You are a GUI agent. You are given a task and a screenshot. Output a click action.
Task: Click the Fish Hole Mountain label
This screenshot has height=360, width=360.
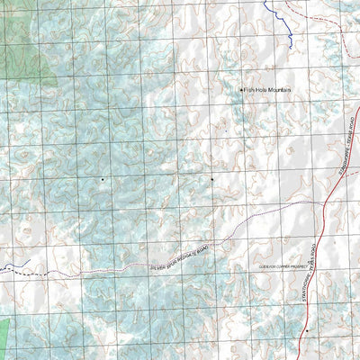tap(267, 89)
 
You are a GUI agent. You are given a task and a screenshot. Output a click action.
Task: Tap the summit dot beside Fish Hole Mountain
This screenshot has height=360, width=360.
tap(241, 89)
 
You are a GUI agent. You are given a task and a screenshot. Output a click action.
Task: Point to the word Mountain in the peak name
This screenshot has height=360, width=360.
tap(277, 89)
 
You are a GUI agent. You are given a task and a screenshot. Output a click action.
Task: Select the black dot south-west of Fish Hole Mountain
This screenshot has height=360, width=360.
tap(212, 179)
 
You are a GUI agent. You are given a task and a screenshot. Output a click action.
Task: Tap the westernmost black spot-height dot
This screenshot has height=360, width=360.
tap(102, 179)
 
